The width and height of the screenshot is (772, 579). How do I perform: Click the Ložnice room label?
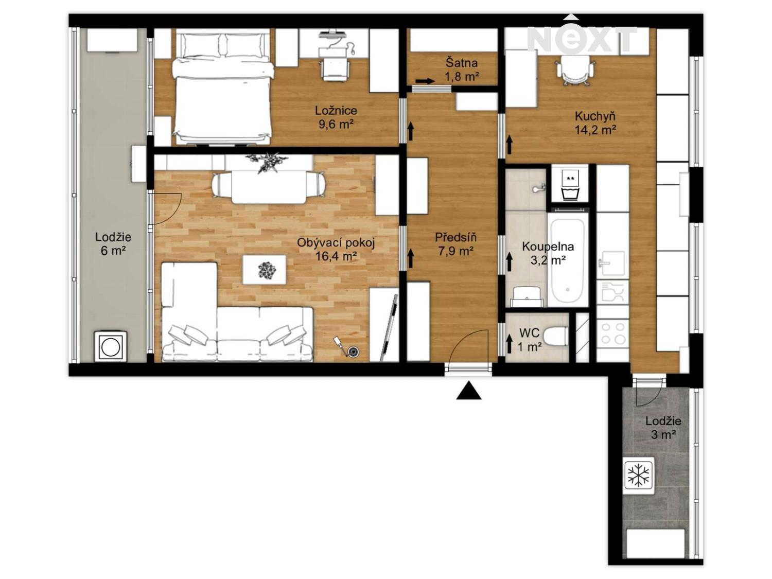(336, 110)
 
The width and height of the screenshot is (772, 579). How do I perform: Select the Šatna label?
(462, 63)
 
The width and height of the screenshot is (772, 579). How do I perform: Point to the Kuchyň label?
(595, 116)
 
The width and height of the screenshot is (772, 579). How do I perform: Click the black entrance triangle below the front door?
(468, 391)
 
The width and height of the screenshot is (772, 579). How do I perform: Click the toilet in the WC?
(555, 337)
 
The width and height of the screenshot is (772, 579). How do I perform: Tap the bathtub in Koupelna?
(568, 261)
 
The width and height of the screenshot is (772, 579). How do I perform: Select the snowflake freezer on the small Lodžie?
(638, 475)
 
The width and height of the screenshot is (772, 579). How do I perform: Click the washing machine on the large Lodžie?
(111, 346)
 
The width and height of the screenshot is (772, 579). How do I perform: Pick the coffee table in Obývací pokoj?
(264, 270)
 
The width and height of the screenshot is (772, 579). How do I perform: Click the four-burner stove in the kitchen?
(612, 334)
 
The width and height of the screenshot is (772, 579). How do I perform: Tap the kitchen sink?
(612, 264)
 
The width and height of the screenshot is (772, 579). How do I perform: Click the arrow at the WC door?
(509, 344)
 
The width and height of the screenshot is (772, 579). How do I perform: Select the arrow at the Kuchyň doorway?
(509, 145)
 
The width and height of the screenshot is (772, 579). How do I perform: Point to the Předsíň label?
(455, 237)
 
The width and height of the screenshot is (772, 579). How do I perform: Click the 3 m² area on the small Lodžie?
(663, 435)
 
